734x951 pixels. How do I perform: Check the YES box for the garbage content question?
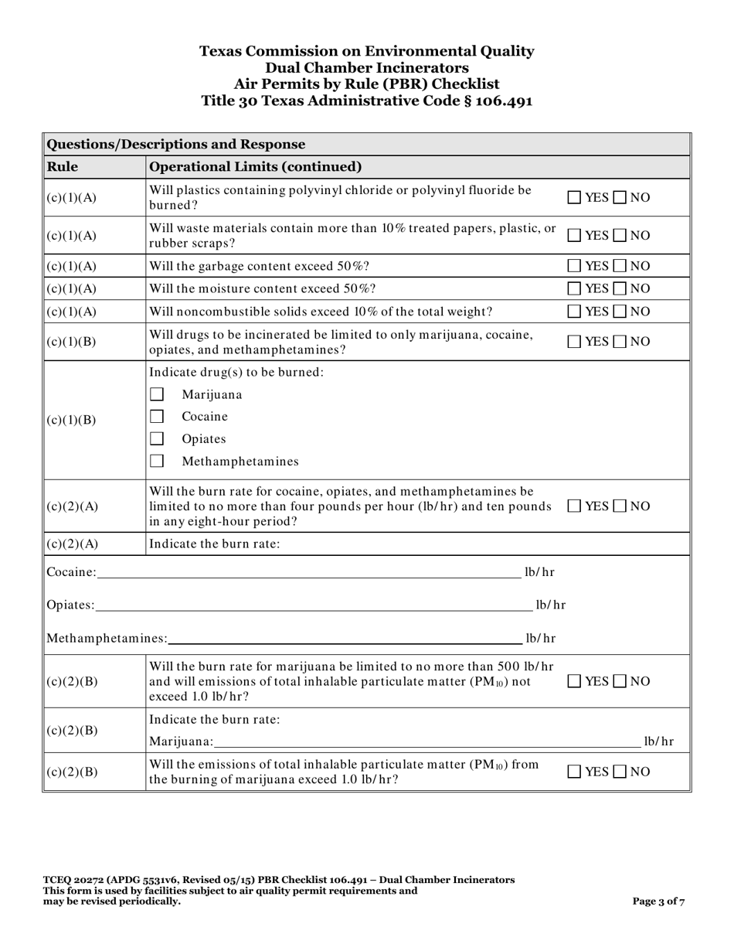575,266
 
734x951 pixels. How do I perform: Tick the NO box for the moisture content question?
620,288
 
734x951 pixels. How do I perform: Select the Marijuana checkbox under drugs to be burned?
157,394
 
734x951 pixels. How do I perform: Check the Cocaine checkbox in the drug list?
157,417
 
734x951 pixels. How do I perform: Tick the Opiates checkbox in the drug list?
157,439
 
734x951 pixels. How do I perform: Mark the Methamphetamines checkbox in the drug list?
157,462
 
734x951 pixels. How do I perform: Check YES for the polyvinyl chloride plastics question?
575,198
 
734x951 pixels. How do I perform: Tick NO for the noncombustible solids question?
620,312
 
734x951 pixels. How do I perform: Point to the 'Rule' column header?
63,166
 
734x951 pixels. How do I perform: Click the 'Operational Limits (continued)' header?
255,166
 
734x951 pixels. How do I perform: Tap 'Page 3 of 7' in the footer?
658,901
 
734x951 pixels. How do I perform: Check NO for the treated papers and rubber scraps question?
620,236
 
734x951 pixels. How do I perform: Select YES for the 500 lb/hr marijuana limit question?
575,681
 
